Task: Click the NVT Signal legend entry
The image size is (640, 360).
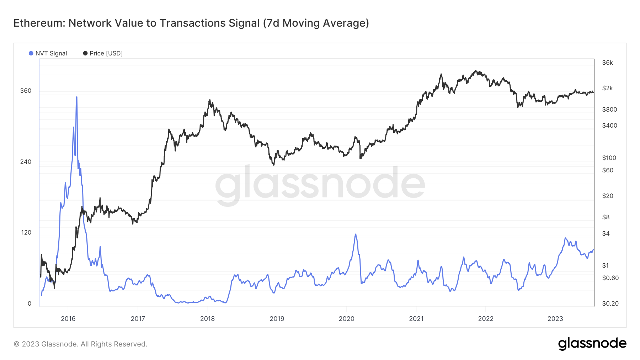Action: (x=48, y=53)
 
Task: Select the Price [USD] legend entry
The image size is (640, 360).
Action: (x=103, y=53)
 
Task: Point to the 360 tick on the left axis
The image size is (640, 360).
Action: (x=26, y=91)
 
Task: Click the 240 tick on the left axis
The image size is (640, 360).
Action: (x=26, y=162)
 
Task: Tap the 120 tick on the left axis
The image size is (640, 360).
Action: (x=26, y=232)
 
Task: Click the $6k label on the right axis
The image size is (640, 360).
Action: (x=607, y=63)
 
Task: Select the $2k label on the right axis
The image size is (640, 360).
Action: (x=607, y=88)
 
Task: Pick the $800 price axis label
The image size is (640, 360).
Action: (x=609, y=109)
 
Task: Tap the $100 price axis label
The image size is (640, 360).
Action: (x=609, y=158)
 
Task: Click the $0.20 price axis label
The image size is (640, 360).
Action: (x=610, y=303)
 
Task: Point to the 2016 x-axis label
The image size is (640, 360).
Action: (x=68, y=318)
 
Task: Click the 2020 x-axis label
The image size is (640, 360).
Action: (x=346, y=318)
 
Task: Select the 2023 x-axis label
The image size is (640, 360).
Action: (x=555, y=318)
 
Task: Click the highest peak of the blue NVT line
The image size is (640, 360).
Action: (x=76, y=97)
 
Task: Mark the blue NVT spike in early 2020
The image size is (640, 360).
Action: (x=356, y=235)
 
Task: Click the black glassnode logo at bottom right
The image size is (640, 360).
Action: (x=592, y=344)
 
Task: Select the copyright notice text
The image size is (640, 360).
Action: (x=80, y=344)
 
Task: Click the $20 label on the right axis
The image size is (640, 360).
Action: (x=607, y=196)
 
